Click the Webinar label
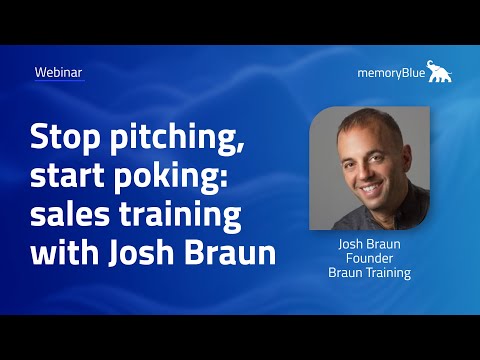click(x=58, y=73)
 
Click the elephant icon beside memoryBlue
click(x=440, y=71)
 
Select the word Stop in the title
click(x=65, y=138)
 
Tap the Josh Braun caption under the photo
click(x=370, y=243)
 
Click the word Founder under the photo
click(x=370, y=258)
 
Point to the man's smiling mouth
click(x=366, y=186)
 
